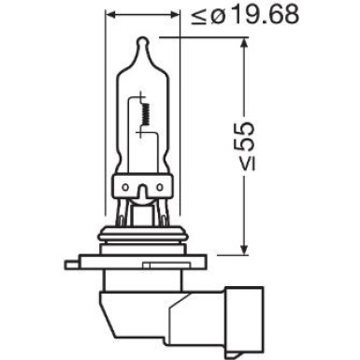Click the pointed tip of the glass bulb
141,39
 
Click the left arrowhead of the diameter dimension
109,16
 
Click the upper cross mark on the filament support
141,96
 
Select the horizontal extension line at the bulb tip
201,37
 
